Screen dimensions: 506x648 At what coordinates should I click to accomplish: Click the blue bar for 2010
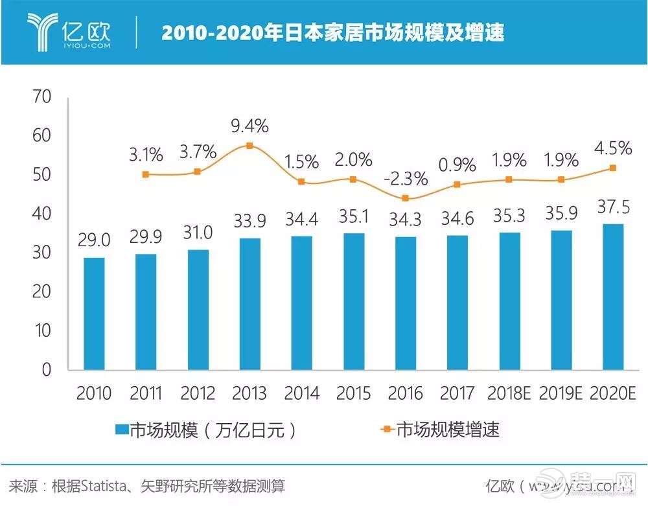coord(94,314)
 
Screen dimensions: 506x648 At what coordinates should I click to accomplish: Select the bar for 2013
coord(249,305)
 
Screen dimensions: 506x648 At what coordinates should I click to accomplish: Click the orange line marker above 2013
coord(249,146)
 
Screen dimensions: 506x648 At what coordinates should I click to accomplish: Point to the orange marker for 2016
coord(405,198)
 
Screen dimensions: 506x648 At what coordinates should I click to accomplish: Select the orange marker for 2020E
coord(613,168)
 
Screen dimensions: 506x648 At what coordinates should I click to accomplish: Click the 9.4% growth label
coord(249,124)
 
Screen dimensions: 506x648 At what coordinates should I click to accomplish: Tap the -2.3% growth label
coord(405,178)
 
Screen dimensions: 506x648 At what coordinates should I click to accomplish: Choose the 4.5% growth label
coord(613,148)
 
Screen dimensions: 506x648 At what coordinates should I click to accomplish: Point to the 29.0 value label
coord(94,240)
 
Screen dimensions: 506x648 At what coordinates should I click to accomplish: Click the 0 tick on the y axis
coord(45,370)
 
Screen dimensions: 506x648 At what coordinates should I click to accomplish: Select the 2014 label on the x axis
coord(301,393)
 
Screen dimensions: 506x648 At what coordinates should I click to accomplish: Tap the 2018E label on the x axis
coord(509,393)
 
